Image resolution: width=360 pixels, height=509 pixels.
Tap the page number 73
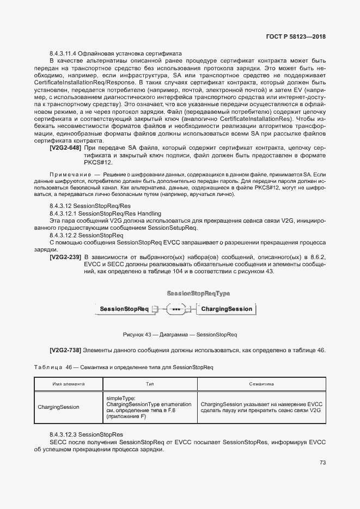(322, 463)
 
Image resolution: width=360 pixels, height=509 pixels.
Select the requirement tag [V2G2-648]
(65, 148)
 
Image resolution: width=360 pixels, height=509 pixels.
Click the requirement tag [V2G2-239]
(65, 256)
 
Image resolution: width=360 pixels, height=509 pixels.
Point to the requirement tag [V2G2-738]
(65, 349)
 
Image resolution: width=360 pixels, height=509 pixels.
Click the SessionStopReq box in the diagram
(117, 309)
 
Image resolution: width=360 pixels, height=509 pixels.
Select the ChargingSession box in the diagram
(211, 309)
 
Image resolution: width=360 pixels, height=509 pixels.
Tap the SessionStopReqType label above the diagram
(198, 293)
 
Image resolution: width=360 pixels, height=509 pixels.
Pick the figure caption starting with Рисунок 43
(180, 334)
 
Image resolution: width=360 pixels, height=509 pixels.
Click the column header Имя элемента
(68, 384)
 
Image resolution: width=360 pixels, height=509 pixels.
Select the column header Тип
(150, 384)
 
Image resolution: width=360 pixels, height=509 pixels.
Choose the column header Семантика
(261, 384)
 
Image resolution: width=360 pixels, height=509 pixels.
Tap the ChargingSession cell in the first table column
(58, 407)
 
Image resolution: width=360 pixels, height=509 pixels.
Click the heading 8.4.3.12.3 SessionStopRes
(86, 435)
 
